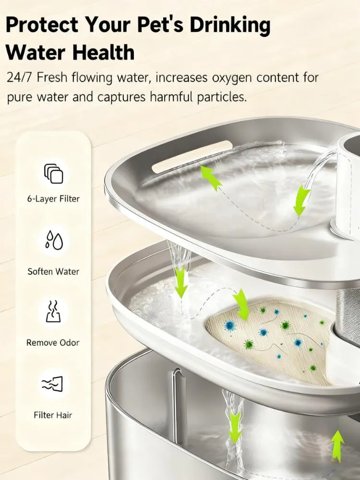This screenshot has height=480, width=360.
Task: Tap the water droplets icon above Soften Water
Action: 53,240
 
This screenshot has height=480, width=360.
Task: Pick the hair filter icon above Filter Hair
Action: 53,384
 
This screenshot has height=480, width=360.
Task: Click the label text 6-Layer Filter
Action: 53,199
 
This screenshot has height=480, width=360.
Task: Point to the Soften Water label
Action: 53,271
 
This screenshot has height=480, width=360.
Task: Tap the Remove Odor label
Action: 53,343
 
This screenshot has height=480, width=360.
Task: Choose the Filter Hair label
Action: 53,415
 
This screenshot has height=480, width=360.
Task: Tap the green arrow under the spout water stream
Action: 301,201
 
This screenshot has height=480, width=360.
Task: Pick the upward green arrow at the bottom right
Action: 337,446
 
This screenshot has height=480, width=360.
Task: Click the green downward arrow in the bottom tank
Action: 235,427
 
